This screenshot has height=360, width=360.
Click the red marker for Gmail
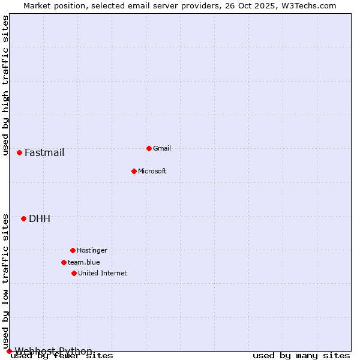(x=149, y=148)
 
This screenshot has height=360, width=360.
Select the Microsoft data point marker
(x=134, y=171)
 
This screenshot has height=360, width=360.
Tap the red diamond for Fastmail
(x=19, y=152)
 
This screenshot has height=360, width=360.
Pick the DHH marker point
(x=23, y=218)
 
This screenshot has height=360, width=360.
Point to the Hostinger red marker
(x=73, y=250)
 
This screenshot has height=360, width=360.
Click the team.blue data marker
(x=64, y=262)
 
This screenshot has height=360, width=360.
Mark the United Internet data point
(x=74, y=273)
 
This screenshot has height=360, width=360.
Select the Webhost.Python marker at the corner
(x=9, y=351)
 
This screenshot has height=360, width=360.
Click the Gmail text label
(x=162, y=148)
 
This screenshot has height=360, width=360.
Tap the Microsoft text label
(x=152, y=171)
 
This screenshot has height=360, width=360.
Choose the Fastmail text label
(x=44, y=152)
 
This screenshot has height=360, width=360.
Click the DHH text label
(x=40, y=218)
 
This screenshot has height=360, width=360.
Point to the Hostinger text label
(x=92, y=250)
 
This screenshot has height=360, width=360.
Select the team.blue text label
(x=84, y=262)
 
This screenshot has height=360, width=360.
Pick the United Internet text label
(x=103, y=273)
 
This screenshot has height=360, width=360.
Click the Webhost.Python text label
(x=53, y=351)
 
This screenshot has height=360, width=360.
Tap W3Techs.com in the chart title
(x=308, y=5)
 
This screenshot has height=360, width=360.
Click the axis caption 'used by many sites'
(x=301, y=356)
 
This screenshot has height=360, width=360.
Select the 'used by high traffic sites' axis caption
(x=6, y=85)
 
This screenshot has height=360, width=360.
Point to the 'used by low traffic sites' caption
(x=6, y=281)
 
